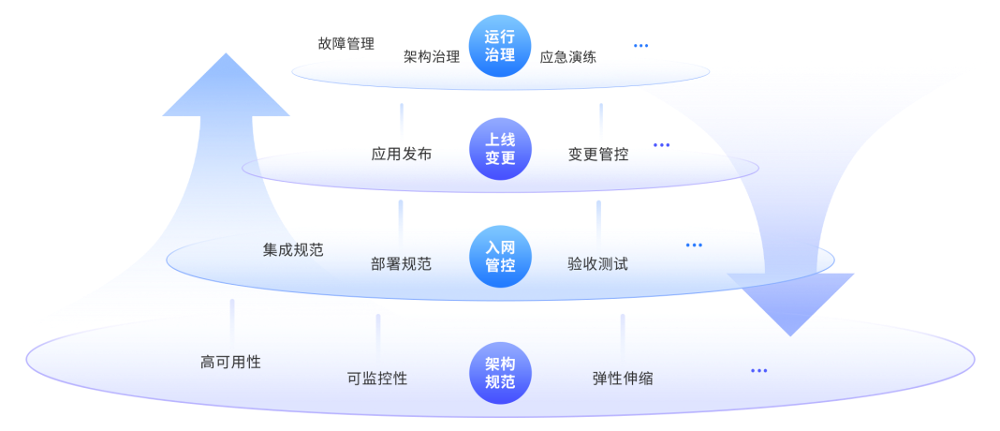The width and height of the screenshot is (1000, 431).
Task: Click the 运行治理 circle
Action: coord(500,46)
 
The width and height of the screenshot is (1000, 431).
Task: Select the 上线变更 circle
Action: coord(500,149)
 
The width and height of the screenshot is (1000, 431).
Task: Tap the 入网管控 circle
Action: coord(500,257)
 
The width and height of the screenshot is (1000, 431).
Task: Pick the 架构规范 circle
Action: coord(500,373)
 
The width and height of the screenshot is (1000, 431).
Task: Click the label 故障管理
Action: coord(346,43)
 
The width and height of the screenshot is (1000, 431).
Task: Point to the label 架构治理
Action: coord(432,57)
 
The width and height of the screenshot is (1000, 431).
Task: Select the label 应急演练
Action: coord(568,57)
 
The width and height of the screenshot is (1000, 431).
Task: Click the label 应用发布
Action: coord(402,154)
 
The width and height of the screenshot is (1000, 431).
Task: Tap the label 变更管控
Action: coord(598,154)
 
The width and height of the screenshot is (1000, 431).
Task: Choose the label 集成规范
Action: coord(293,249)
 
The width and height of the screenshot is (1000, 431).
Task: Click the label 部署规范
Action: coord(401,263)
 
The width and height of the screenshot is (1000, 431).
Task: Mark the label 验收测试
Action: coord(597,263)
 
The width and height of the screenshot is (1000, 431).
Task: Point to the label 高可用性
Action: coord(231,362)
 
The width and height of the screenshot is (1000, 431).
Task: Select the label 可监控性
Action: coord(377,379)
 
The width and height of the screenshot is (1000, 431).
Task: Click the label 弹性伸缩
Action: coord(623,379)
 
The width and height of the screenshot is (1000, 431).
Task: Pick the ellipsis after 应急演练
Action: coord(641,45)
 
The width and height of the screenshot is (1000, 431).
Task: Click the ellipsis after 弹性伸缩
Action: coord(759,370)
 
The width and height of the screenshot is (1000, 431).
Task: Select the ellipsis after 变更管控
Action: coord(662,145)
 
